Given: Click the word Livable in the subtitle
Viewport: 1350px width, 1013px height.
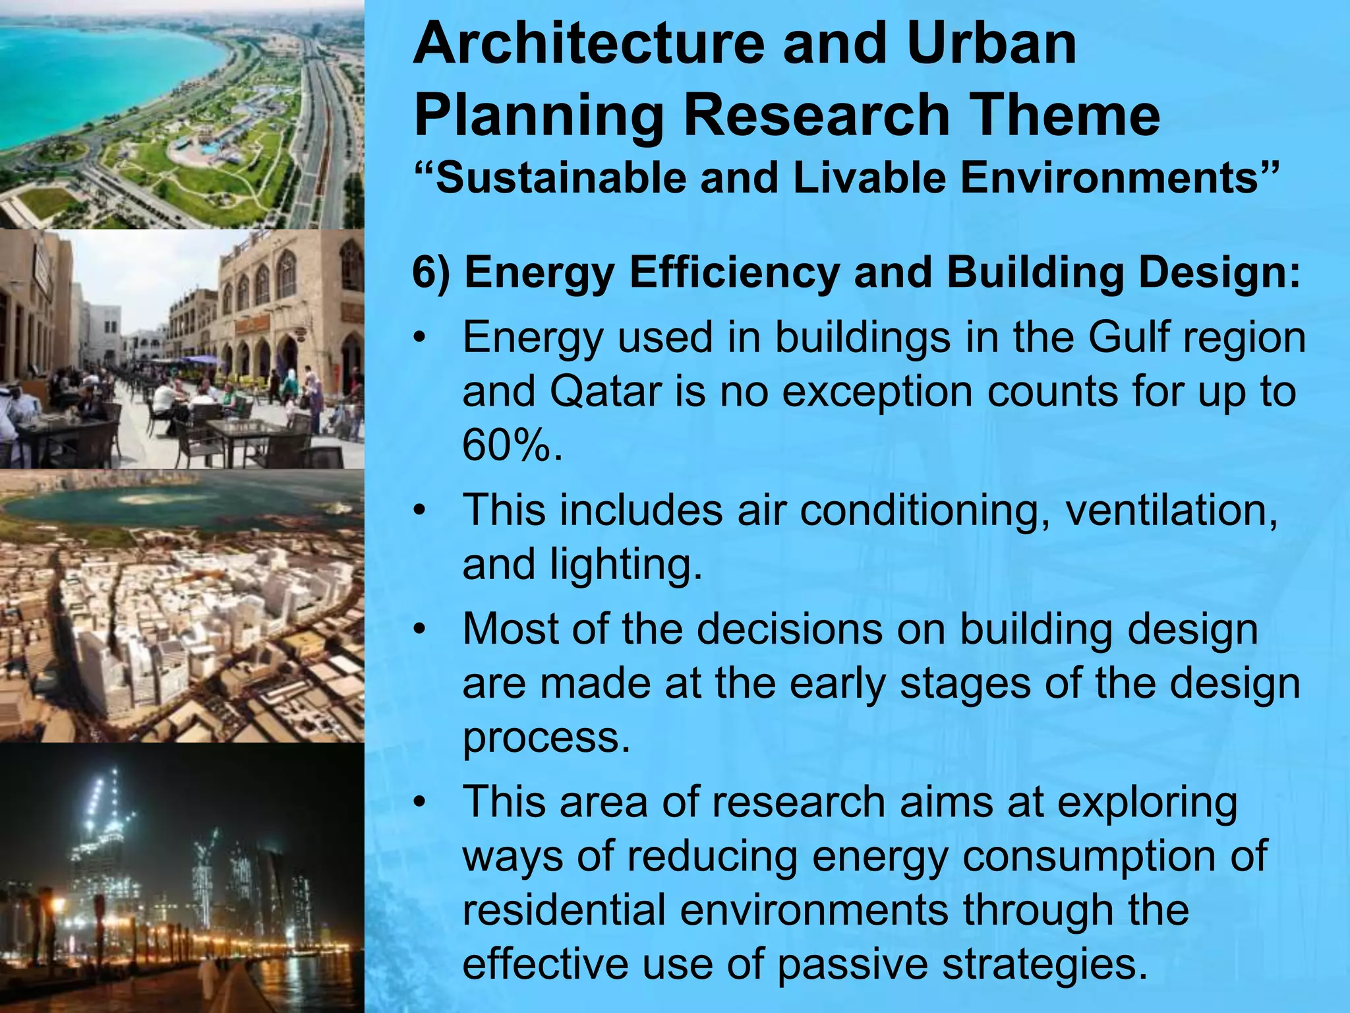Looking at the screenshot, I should pos(869,178).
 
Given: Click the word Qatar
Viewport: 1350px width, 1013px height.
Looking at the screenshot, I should pos(605,392).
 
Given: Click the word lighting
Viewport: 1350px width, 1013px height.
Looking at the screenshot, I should pos(626,565).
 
